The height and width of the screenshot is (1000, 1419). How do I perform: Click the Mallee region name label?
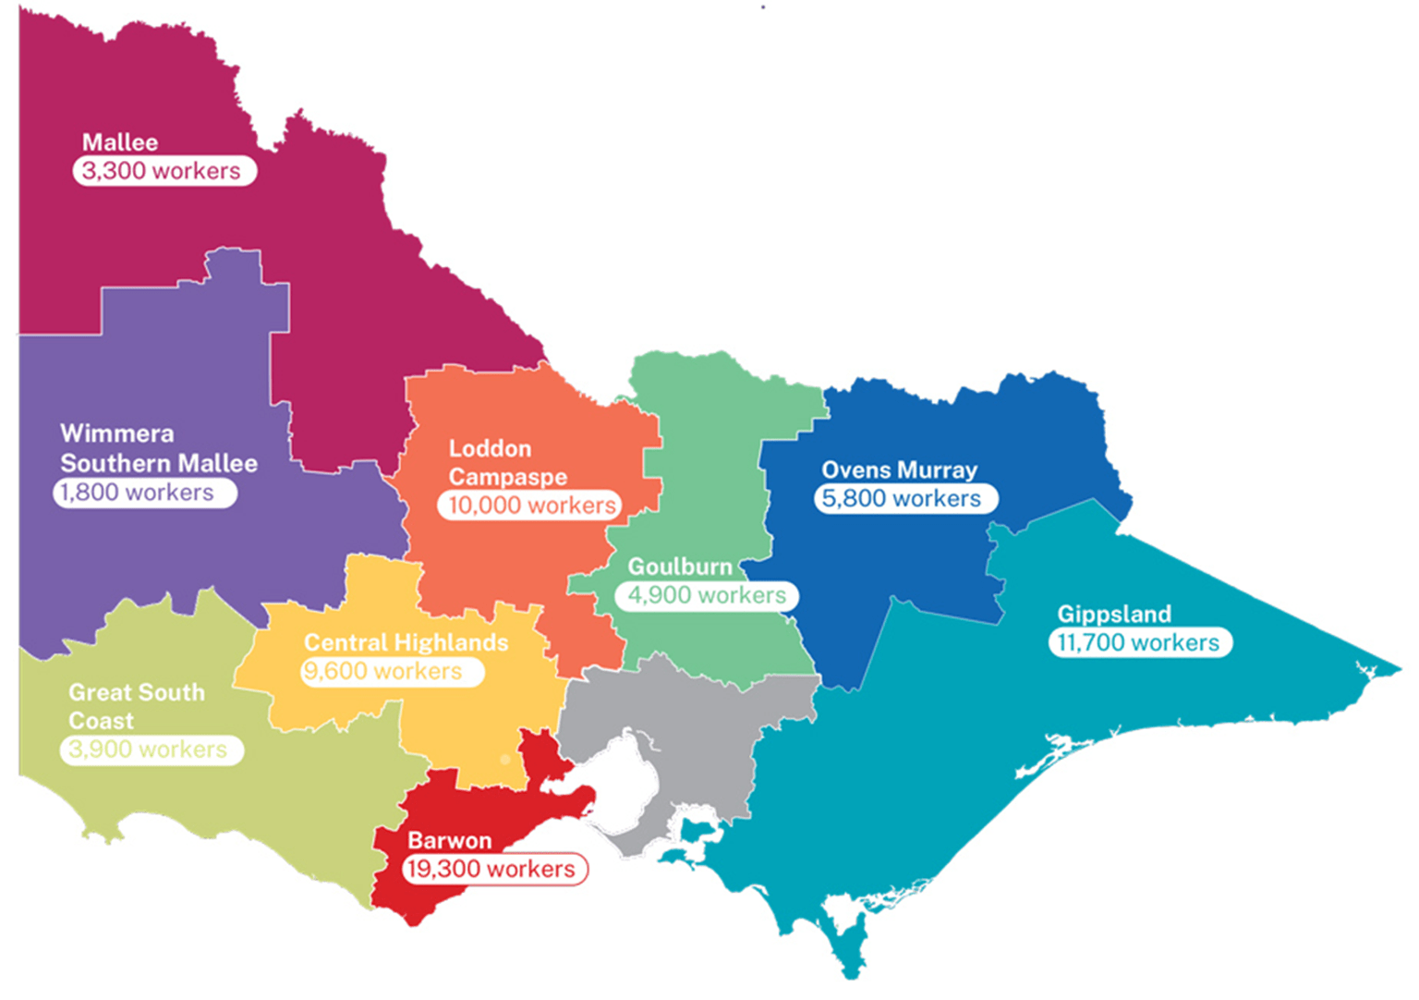(120, 142)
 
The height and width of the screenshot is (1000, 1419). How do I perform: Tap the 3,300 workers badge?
(164, 171)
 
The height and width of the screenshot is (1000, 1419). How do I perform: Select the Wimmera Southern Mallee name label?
(158, 448)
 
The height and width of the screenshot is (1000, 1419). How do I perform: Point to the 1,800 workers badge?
(144, 493)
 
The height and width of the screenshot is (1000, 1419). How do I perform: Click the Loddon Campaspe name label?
(507, 462)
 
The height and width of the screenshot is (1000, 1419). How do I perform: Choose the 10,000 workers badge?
(530, 506)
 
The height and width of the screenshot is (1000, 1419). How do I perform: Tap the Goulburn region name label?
(680, 567)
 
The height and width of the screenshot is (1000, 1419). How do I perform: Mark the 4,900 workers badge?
(706, 595)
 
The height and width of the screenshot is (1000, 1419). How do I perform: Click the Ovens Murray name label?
(899, 470)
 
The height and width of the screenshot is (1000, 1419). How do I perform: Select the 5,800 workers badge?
(904, 499)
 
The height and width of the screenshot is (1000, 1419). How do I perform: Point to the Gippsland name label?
(1114, 614)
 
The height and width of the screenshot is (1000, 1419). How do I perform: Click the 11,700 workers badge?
(1139, 643)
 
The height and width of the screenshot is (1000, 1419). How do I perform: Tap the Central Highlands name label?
(406, 642)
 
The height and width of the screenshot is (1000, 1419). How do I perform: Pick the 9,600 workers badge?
(392, 672)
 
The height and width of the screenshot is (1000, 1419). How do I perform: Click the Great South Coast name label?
(136, 706)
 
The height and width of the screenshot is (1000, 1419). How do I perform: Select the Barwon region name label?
(450, 840)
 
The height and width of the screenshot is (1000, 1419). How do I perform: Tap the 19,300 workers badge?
(494, 870)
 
